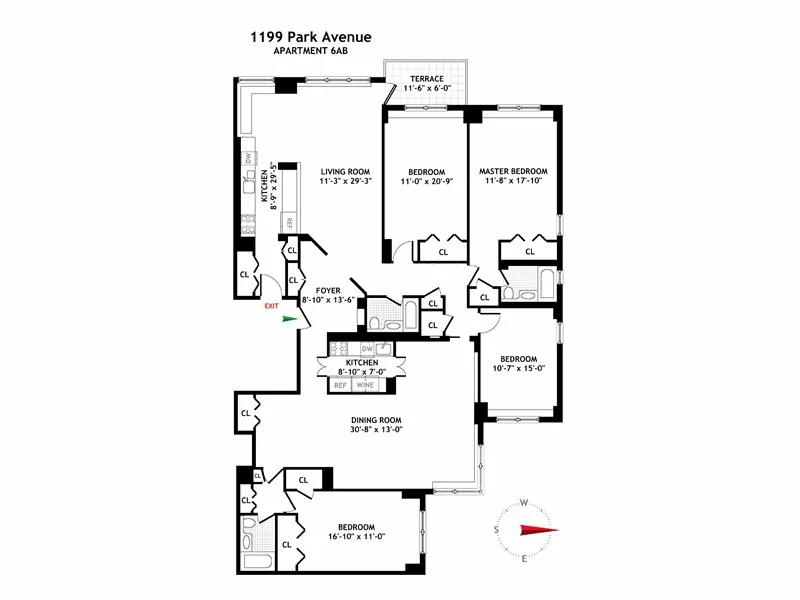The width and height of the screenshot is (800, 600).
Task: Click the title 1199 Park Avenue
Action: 311,37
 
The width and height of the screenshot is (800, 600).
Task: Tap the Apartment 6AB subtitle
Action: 311,52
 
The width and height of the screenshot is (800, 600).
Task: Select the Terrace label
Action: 424,79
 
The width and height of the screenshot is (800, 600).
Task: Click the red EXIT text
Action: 271,307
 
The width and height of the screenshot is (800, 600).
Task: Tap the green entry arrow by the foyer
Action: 291,319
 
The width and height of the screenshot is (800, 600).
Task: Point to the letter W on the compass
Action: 523,503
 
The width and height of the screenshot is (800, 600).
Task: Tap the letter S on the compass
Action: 497,530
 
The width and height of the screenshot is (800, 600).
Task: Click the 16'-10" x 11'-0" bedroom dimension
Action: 356,538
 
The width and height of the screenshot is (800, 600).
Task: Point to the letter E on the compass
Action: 524,558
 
